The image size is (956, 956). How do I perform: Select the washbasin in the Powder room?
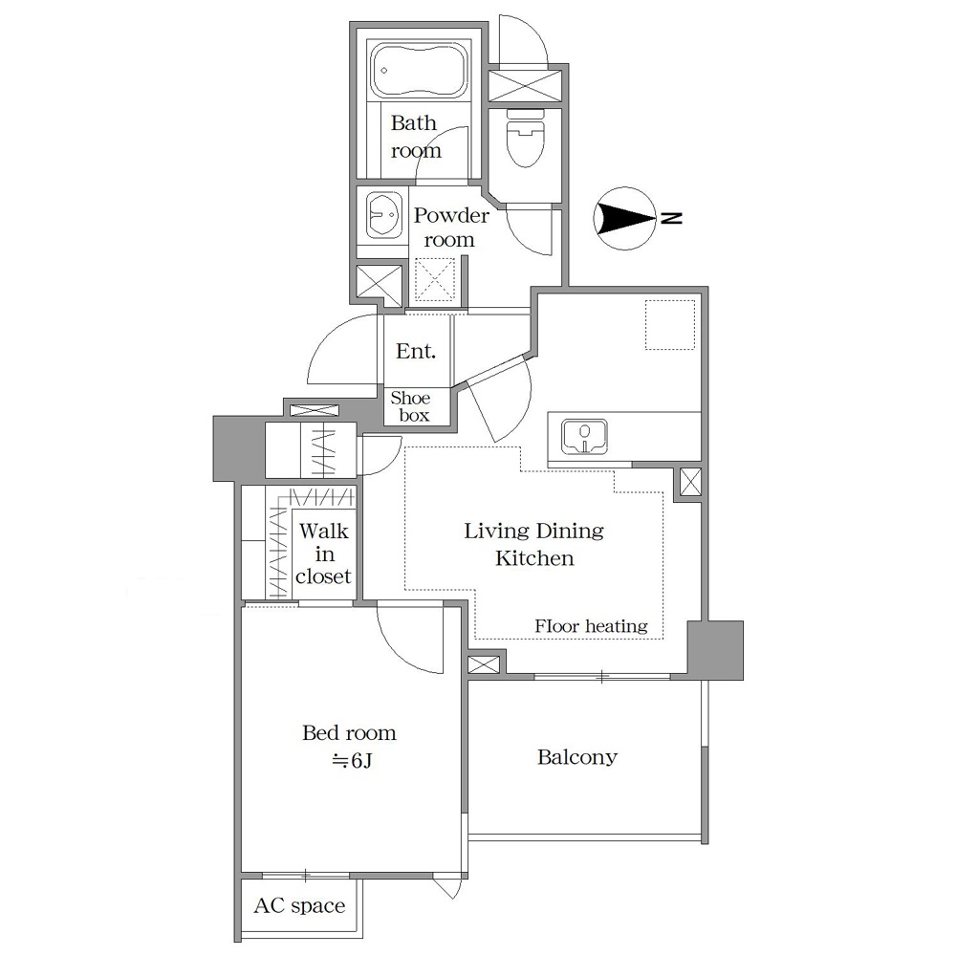coord(383,215)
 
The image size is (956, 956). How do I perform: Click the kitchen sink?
coord(584,437)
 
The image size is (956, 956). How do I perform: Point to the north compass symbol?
coord(624,218)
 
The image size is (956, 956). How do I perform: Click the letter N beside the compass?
coord(672,218)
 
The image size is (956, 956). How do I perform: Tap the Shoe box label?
coord(411,406)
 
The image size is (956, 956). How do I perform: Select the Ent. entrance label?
coord(416,351)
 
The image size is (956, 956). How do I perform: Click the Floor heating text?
coord(591,626)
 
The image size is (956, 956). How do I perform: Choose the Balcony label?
coord(576,758)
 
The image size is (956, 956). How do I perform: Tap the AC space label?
coord(299,906)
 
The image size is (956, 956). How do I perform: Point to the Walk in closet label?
coord(324,554)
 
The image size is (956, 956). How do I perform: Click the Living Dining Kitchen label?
coord(534,544)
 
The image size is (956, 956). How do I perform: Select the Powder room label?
coord(451,228)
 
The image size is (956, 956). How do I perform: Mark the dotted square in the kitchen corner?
coord(670,325)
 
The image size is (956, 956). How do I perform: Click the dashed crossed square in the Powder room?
coord(435,280)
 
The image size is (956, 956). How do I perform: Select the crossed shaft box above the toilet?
coord(525,86)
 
